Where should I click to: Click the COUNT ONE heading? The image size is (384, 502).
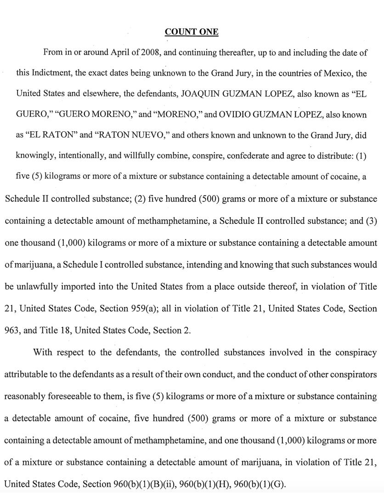click(192, 32)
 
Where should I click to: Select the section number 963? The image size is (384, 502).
click(12, 330)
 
